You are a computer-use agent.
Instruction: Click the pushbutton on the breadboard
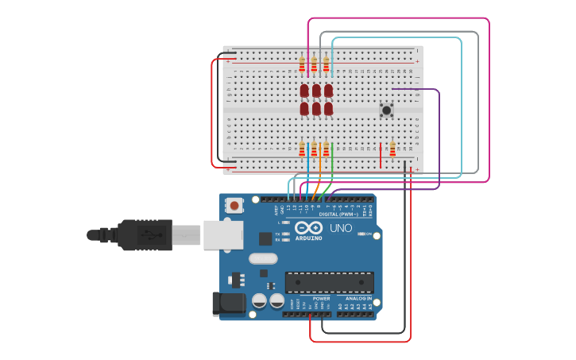point(387,110)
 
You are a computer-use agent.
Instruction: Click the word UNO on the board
point(341,229)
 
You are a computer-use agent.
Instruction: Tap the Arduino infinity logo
point(308,228)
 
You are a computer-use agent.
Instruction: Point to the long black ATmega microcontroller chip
point(329,282)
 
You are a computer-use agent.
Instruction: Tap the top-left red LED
point(304,91)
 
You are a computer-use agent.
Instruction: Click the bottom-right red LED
point(328,108)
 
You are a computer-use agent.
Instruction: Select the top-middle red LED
point(316,91)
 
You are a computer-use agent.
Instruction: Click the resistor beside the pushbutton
point(392,149)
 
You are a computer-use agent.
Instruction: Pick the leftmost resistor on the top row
point(302,64)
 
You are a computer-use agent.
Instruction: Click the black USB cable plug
point(143,235)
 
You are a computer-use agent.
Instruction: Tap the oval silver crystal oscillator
point(262,258)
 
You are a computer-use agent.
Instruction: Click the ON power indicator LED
point(361,234)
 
